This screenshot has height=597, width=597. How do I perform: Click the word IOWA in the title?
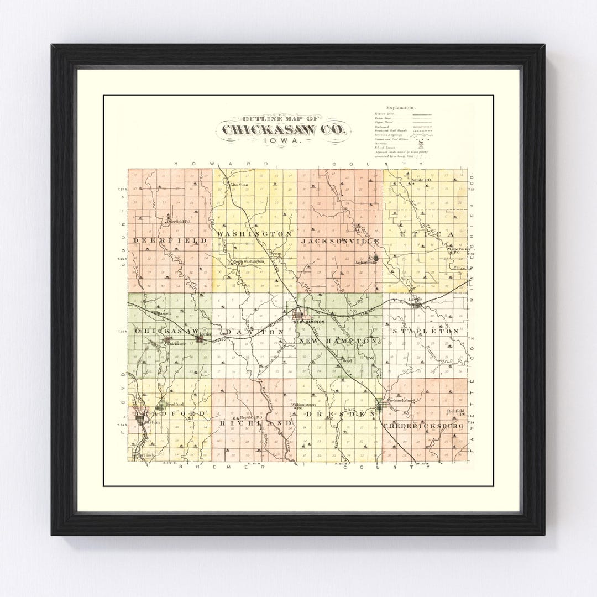click(283, 142)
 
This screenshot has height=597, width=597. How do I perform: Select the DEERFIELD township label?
click(170, 240)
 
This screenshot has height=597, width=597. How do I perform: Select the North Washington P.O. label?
click(247, 263)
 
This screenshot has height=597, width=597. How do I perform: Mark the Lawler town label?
click(416, 300)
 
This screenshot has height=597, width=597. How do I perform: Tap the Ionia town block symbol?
click(199, 339)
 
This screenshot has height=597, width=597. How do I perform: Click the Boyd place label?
click(347, 360)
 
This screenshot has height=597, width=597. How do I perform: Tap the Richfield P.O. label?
click(457, 411)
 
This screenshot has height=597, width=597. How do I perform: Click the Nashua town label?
click(152, 422)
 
